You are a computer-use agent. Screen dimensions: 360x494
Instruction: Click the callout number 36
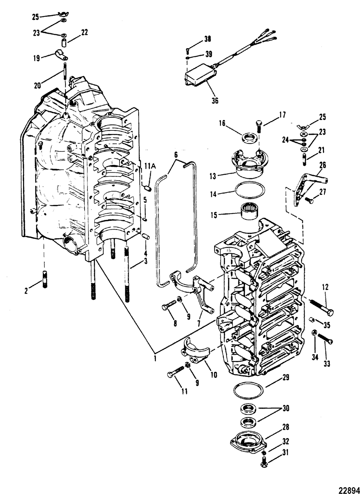point(215,101)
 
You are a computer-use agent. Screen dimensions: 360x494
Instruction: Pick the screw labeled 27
point(309,200)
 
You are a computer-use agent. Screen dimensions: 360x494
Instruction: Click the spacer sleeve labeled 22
point(64,43)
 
